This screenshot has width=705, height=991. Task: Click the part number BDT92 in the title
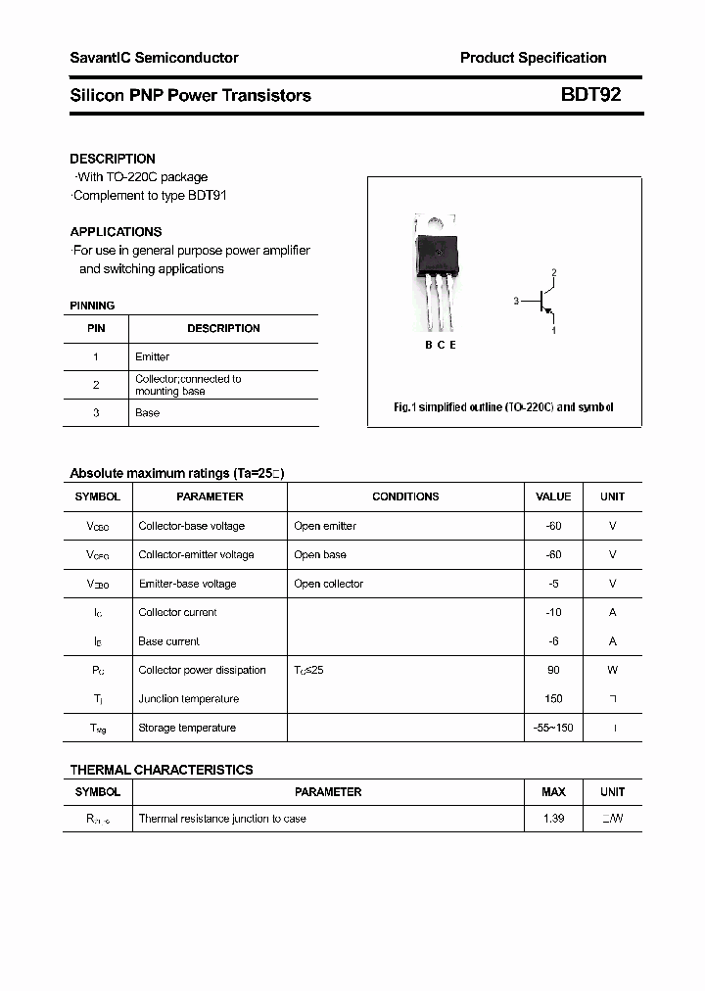(x=590, y=95)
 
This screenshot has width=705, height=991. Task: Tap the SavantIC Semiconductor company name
(x=154, y=58)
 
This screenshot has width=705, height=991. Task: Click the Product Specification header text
(x=533, y=58)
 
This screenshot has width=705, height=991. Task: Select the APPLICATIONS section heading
(x=116, y=232)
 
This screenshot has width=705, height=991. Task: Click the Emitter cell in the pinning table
(x=152, y=357)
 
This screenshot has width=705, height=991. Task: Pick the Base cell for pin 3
(x=147, y=413)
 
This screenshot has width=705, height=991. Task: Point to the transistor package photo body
(x=436, y=258)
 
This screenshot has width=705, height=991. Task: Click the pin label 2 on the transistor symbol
(x=554, y=272)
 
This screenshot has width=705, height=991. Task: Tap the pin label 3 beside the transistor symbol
(x=515, y=302)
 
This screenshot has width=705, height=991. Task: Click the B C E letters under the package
(x=441, y=345)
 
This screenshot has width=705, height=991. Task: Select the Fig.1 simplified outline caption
(x=503, y=407)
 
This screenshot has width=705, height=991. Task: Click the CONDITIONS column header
(x=405, y=496)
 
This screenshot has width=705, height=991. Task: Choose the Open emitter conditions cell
(x=325, y=526)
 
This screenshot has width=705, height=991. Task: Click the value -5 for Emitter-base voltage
(x=553, y=584)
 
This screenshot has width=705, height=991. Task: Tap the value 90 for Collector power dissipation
(x=553, y=671)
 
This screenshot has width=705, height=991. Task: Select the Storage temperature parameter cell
(x=187, y=729)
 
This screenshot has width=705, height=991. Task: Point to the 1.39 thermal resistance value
(x=553, y=819)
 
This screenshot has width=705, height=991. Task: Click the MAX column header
(x=553, y=792)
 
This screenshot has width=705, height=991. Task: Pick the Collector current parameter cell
(x=177, y=613)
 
